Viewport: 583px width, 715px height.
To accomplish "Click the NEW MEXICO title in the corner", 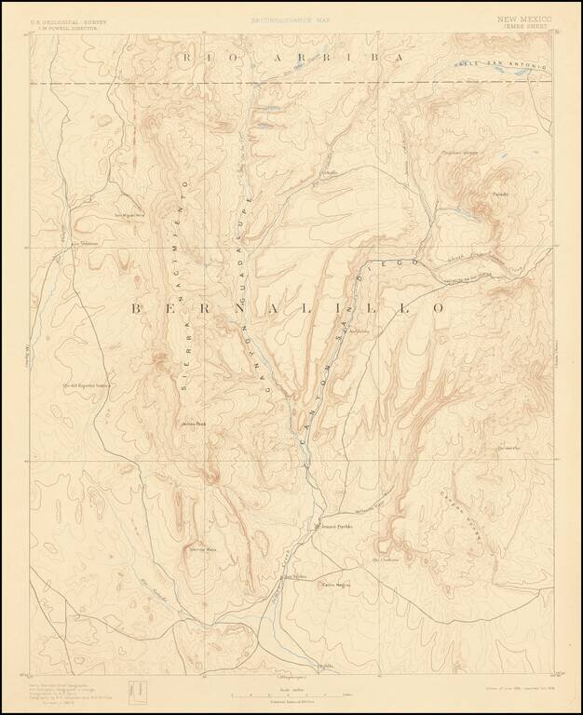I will [x=524, y=19].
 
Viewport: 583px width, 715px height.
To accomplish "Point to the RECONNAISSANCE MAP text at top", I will [x=290, y=19].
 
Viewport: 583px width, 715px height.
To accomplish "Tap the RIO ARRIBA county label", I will [x=294, y=57].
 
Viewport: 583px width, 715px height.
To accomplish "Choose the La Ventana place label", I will [x=85, y=244].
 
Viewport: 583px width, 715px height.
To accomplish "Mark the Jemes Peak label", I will [x=194, y=425].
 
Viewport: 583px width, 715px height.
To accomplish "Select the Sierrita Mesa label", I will [x=203, y=550].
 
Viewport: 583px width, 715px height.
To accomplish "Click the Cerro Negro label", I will [x=335, y=585].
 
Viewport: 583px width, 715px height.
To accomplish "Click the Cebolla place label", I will [x=329, y=173].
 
